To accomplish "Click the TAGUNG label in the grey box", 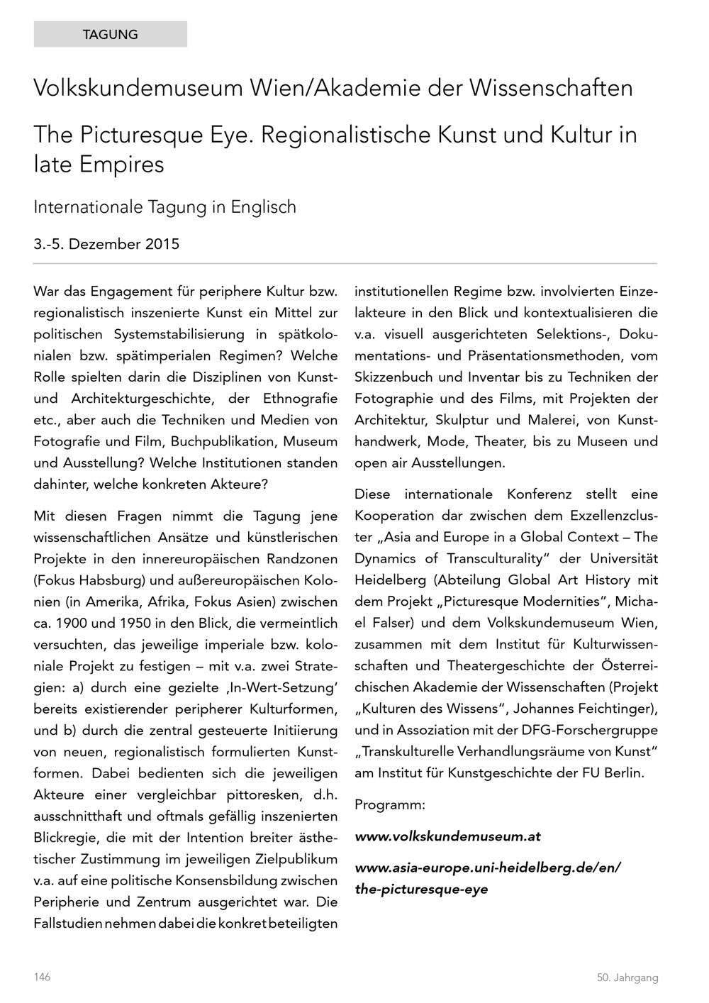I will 110,34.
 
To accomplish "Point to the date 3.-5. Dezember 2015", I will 106,245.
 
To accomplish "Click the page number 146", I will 42,977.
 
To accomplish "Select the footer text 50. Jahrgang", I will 627,977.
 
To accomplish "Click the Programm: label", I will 389,805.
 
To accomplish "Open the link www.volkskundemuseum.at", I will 447,836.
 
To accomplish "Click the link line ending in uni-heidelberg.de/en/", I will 488,868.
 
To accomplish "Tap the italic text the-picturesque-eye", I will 421,889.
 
